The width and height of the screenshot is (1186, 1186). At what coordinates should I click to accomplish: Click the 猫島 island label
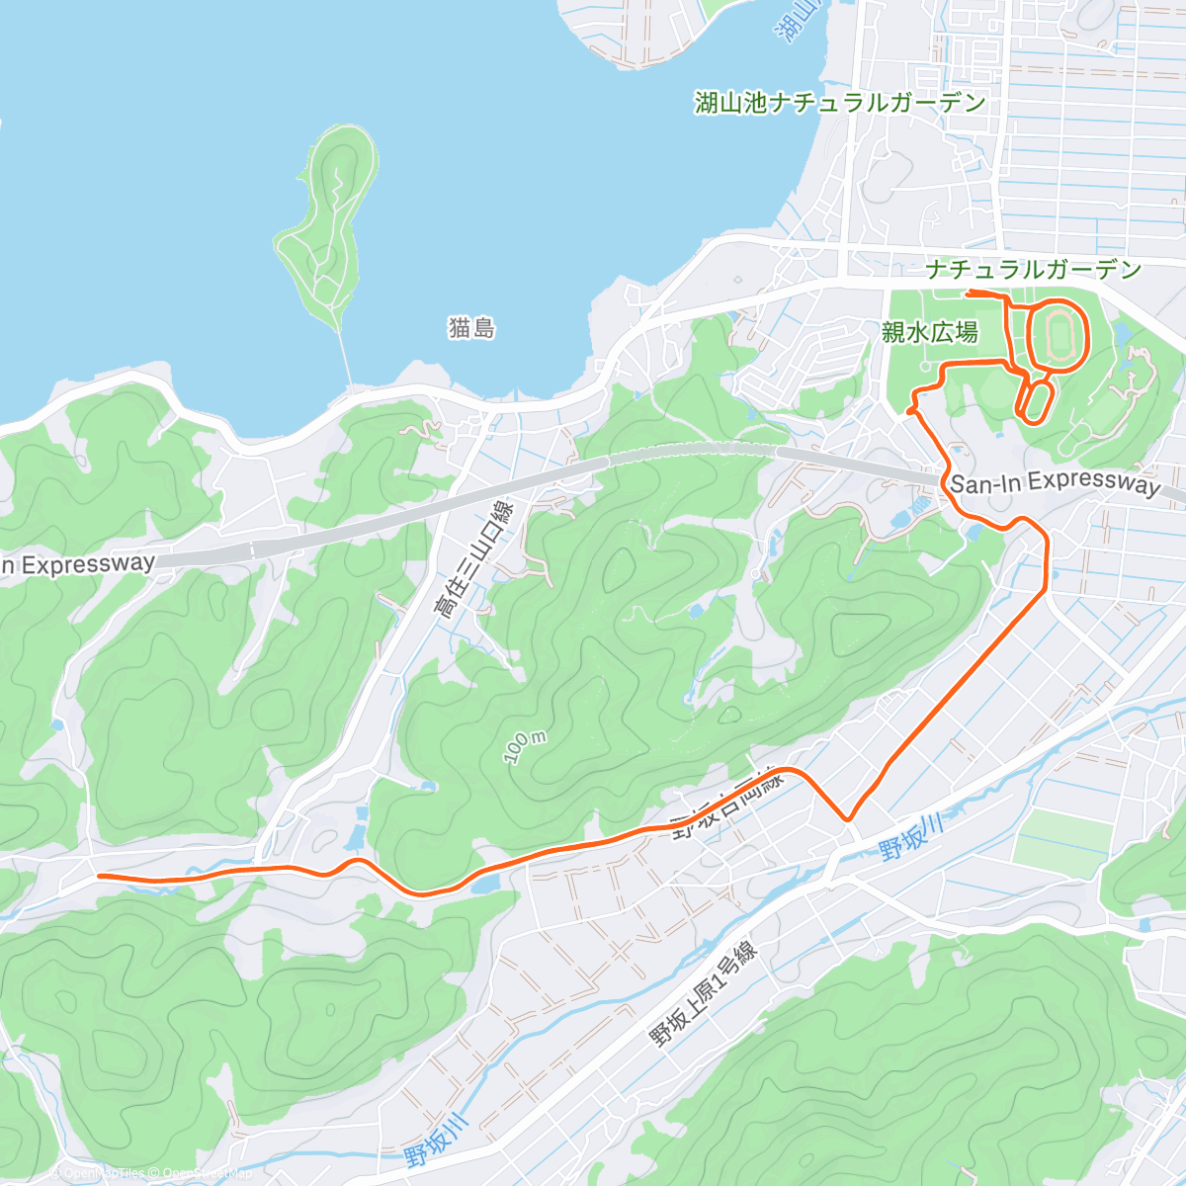pyautogui.click(x=471, y=328)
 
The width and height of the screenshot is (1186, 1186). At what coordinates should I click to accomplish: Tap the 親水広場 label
pyautogui.click(x=929, y=333)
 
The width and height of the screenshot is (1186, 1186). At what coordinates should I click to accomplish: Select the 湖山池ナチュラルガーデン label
pyautogui.click(x=840, y=102)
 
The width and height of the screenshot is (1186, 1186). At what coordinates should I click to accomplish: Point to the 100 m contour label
pyautogui.click(x=525, y=747)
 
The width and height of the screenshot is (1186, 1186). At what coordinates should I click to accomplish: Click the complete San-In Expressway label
pyautogui.click(x=1055, y=483)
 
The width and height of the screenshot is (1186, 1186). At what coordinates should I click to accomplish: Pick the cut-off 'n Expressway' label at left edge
pyautogui.click(x=77, y=564)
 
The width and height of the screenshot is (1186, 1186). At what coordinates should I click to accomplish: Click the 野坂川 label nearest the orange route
pyautogui.click(x=909, y=837)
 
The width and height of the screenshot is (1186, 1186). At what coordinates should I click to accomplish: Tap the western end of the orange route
pyautogui.click(x=100, y=876)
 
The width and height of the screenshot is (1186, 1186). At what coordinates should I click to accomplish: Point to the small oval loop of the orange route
pyautogui.click(x=1034, y=400)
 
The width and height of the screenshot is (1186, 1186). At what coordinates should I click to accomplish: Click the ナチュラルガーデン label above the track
pyautogui.click(x=1034, y=269)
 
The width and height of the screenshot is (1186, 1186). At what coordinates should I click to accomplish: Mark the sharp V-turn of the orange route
pyautogui.click(x=847, y=818)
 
